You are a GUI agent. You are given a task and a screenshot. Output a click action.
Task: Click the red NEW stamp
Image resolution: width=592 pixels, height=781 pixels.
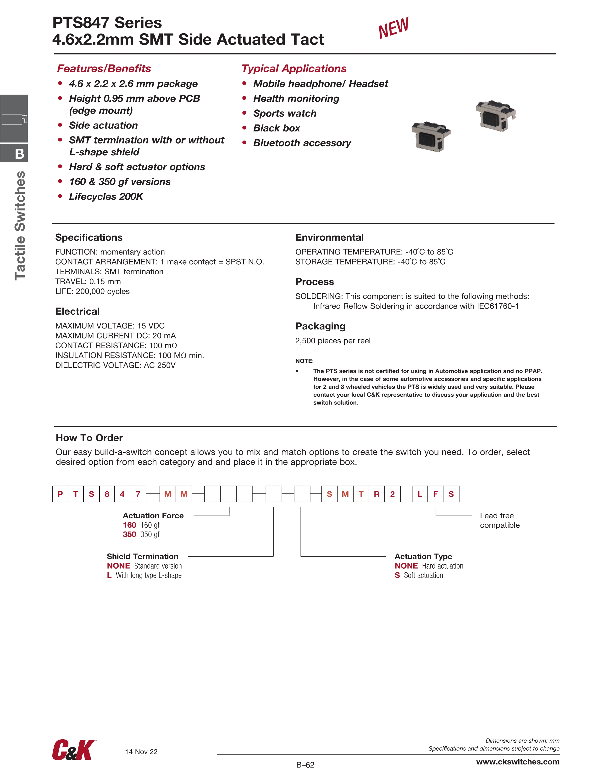[393, 28]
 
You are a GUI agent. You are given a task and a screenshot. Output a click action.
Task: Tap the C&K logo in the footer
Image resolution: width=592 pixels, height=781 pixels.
[74, 750]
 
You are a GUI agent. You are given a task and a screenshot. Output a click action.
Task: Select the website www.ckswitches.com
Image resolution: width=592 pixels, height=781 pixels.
[518, 762]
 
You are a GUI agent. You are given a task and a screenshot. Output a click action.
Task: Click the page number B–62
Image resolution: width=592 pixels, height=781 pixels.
[305, 765]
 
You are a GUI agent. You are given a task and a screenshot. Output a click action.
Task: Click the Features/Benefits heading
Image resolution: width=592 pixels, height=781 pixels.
[104, 68]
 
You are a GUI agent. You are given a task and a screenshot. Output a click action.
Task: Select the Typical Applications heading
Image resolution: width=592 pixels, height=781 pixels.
[294, 68]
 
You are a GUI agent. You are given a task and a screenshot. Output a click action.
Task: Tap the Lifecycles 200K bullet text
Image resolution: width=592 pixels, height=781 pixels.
[106, 197]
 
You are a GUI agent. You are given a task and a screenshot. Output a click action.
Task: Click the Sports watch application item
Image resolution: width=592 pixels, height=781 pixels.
[285, 113]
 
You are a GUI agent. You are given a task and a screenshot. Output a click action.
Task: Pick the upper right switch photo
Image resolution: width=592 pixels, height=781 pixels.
[495, 115]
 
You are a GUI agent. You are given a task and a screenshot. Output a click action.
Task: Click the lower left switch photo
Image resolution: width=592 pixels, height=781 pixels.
[431, 137]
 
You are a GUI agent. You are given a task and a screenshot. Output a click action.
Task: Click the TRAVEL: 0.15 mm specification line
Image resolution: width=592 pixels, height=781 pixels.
[88, 281]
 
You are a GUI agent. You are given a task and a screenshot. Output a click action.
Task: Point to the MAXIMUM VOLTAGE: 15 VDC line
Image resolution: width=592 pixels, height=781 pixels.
[110, 326]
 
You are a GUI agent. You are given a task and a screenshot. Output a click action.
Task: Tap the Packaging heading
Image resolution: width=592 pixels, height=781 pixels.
[320, 326]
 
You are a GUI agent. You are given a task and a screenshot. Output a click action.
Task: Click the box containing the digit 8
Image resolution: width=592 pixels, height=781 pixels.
[107, 494]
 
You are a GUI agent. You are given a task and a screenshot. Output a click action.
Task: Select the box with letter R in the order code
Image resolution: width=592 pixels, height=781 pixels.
[376, 494]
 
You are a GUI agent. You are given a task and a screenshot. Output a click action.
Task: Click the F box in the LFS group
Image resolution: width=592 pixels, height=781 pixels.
[435, 494]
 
